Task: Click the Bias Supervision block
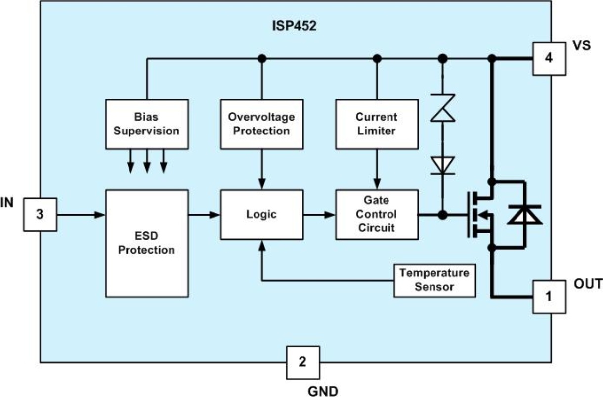[x=147, y=124]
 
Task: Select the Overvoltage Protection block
[x=261, y=124]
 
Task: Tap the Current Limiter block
[x=376, y=124]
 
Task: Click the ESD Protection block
[x=147, y=242]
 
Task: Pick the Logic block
[x=261, y=215]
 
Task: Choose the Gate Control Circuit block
[x=376, y=215]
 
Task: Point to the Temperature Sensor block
[x=434, y=280]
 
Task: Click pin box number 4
[x=549, y=58]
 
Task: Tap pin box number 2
[x=302, y=361]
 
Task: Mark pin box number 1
[x=549, y=297]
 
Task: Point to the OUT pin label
[x=588, y=284]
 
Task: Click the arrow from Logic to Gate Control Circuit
[x=319, y=215]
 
